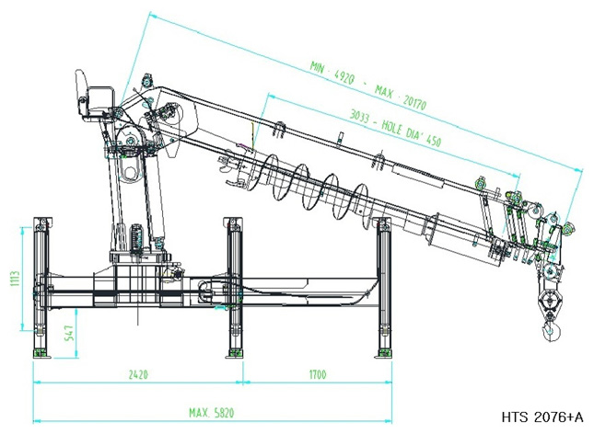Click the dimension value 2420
pos(138,374)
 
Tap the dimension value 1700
pos(318,374)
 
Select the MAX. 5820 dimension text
pos(212,413)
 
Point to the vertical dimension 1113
pos(16,279)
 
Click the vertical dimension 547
pos(70,333)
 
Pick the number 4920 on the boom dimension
pos(344,78)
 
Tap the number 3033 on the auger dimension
pos(359,116)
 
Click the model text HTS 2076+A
pos(542,417)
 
